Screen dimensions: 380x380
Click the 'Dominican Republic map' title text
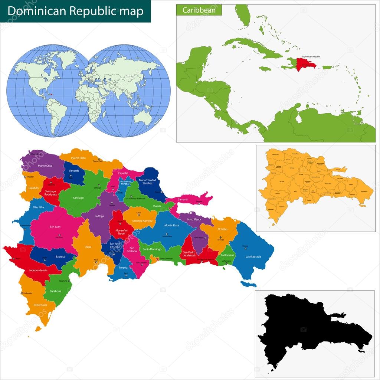pyautogui.click(x=75, y=11)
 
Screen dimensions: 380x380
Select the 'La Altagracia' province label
pyautogui.click(x=253, y=256)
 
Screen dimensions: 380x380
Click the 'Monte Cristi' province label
pyautogui.click(x=45, y=166)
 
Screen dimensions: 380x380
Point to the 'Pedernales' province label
pyautogui.click(x=40, y=305)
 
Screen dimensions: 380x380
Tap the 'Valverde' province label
pyautogui.click(x=74, y=171)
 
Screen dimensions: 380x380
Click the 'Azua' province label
pyautogui.click(x=88, y=246)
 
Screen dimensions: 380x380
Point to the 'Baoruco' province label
pyautogui.click(x=50, y=256)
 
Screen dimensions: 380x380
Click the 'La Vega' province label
pyautogui.click(x=99, y=216)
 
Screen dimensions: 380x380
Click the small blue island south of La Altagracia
pyautogui.click(x=249, y=284)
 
